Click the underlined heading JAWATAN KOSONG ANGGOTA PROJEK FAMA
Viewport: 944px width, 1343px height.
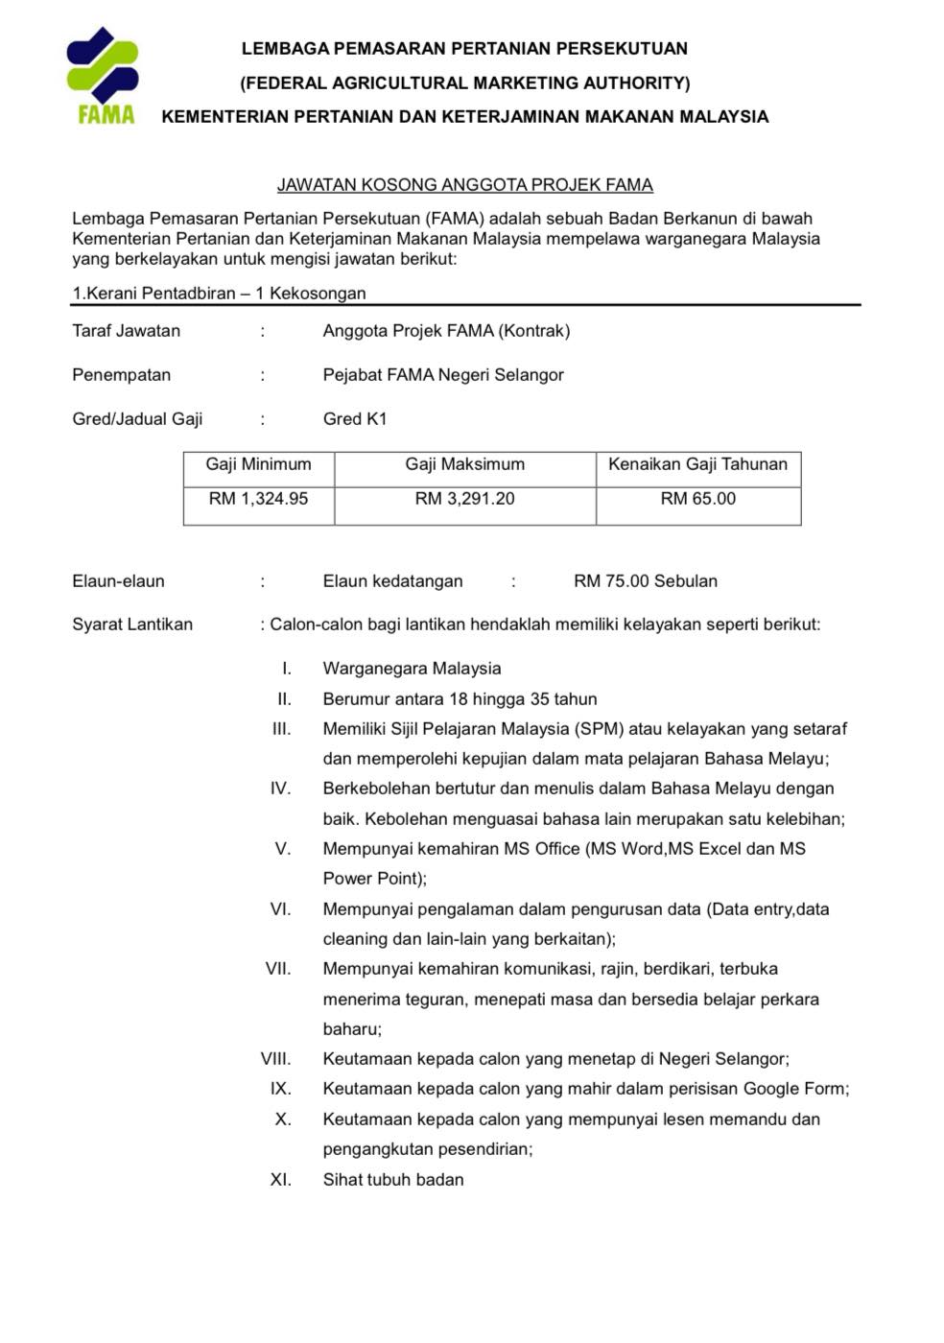pos(464,184)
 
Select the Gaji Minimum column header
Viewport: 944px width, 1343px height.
pos(258,464)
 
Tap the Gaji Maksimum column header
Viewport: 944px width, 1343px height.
pos(464,464)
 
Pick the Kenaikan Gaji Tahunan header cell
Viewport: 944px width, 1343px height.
pos(697,464)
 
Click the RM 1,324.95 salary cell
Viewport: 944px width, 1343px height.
pos(258,499)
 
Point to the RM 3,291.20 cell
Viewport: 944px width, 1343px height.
pos(464,499)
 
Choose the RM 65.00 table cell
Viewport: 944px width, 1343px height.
pos(697,499)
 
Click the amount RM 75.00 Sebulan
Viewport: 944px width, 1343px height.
pos(645,581)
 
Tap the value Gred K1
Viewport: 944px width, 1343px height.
pos(355,419)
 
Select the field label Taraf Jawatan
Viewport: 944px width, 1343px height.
pos(126,331)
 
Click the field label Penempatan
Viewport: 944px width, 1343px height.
pos(121,375)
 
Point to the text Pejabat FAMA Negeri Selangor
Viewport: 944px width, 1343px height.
pos(443,375)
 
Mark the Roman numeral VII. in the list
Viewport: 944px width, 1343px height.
pos(277,969)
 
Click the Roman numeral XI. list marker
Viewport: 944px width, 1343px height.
pos(280,1180)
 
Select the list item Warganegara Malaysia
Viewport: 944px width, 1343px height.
pos(412,669)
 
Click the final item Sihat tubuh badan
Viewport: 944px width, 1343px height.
pos(393,1180)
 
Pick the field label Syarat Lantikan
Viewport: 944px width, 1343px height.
pos(132,624)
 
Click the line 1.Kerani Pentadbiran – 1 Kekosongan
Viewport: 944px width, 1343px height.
pos(219,294)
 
